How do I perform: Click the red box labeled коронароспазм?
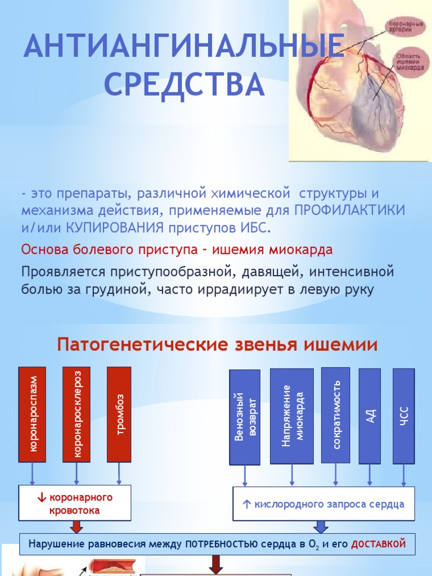tap(33, 414)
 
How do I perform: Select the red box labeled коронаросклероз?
tap(77, 414)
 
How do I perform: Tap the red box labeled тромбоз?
tap(119, 414)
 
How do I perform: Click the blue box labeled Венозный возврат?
tap(245, 417)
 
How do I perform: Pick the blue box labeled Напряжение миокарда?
tap(291, 416)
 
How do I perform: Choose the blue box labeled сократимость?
tap(336, 415)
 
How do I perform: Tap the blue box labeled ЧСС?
tap(403, 416)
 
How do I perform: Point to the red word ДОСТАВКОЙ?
tap(379, 544)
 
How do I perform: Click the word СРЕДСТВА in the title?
tap(184, 83)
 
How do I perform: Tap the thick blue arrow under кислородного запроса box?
tap(321, 526)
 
